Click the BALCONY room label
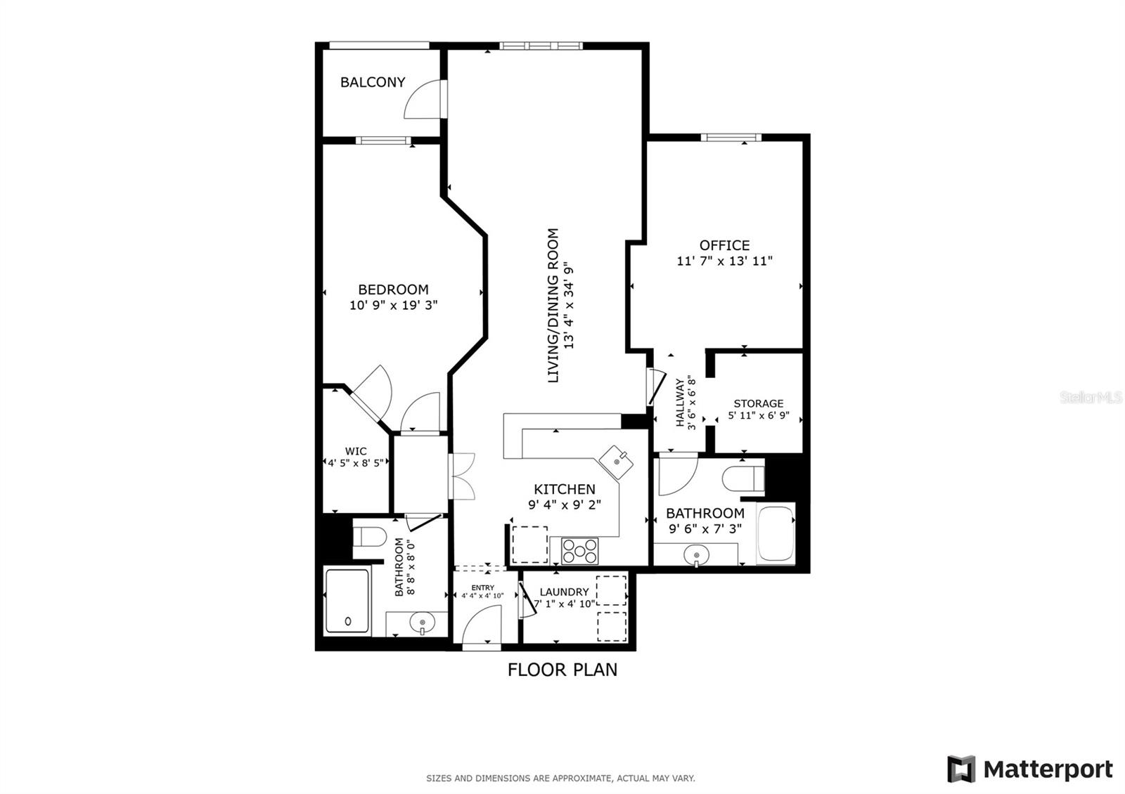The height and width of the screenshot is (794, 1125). pos(373,82)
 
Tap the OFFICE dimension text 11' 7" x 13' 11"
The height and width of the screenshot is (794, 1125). pos(724,261)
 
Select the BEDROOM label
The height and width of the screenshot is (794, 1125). pos(393,289)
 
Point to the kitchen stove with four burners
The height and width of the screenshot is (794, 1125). pos(580,551)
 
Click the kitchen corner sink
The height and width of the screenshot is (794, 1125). pos(616,461)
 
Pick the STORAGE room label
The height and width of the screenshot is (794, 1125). pos(759,403)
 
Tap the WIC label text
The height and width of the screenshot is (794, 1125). pos(356,451)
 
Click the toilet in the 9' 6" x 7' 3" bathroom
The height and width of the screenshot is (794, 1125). pos(743,479)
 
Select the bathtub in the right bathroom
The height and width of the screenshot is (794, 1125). pos(776,533)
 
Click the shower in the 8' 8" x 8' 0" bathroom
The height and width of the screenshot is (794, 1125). pos(347,601)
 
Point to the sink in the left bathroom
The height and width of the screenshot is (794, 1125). pos(422,624)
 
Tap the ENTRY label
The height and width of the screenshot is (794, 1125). pos(482,587)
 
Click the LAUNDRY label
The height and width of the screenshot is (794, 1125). pos(564,592)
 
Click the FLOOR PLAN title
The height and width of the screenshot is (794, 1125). pos(562,670)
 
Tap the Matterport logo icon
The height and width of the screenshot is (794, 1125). pos(961,769)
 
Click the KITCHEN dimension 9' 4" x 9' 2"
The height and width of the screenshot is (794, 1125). pos(565,505)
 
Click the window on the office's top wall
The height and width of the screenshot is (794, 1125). pos(731,138)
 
